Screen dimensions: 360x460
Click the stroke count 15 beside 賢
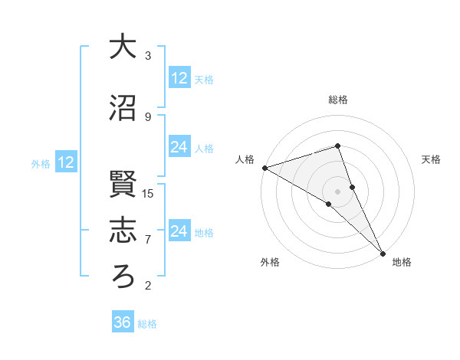pyautogui.click(x=148, y=193)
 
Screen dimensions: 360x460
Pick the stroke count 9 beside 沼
pyautogui.click(x=148, y=116)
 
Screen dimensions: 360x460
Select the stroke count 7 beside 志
pyautogui.click(x=148, y=239)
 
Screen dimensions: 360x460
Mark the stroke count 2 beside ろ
pyautogui.click(x=148, y=286)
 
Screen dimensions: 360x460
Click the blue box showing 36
pyautogui.click(x=123, y=322)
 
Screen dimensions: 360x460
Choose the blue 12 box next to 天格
pyautogui.click(x=179, y=77)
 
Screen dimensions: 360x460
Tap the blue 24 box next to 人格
pyautogui.click(x=179, y=147)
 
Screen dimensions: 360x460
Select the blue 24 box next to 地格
pyautogui.click(x=179, y=231)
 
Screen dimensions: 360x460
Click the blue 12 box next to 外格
pyautogui.click(x=66, y=162)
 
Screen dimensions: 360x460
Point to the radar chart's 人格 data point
pyautogui.click(x=264, y=168)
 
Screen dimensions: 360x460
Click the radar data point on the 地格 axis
pyautogui.click(x=382, y=252)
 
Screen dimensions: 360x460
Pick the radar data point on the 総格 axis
pyautogui.click(x=337, y=146)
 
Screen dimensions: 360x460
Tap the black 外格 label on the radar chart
pyautogui.click(x=270, y=263)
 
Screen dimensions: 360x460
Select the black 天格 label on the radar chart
pyautogui.click(x=432, y=159)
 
